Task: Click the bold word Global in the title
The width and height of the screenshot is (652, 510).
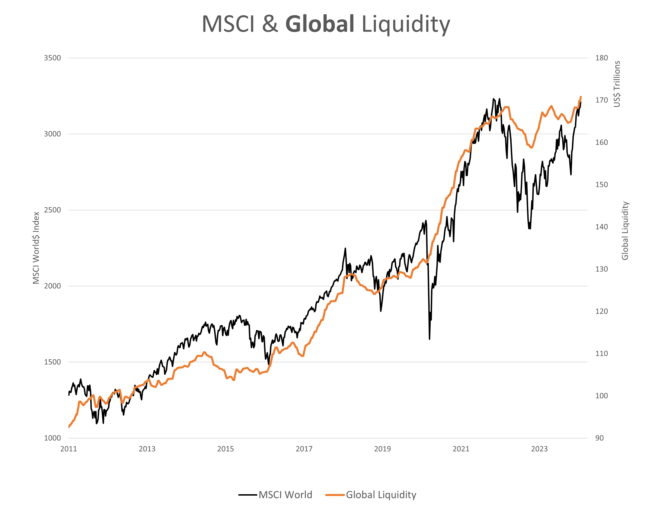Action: (320, 24)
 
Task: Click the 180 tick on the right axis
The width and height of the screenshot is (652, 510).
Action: (601, 58)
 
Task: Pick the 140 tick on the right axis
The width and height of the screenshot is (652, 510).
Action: (601, 227)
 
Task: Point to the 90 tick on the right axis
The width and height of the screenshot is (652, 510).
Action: (599, 438)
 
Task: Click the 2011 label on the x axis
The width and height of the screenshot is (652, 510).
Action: (69, 449)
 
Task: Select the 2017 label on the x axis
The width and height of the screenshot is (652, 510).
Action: (304, 449)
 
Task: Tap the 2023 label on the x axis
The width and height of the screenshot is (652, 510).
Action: (539, 449)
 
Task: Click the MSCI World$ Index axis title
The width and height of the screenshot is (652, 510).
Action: (36, 248)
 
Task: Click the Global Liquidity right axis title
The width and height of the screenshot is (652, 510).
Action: (625, 231)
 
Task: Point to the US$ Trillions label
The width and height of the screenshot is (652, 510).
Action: (617, 84)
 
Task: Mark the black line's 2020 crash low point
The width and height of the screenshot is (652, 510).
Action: (429, 339)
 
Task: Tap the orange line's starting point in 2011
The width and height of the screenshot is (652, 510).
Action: (69, 427)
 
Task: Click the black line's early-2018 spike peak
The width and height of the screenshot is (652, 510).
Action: (345, 248)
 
